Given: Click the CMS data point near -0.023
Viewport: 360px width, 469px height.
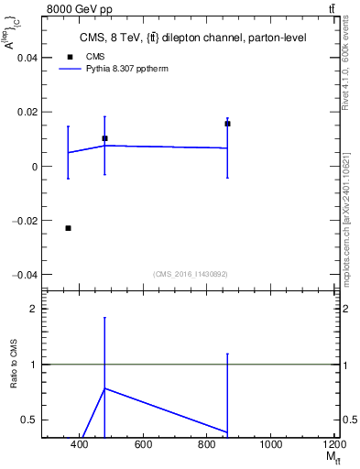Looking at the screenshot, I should [x=68, y=228].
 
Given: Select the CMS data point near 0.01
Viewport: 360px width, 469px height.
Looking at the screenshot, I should [x=104, y=138].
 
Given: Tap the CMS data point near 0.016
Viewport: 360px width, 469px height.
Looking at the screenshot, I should [x=227, y=124].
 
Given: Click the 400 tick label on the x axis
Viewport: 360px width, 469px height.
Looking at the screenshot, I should [x=79, y=445].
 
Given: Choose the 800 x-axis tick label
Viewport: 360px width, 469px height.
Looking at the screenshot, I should [x=207, y=445].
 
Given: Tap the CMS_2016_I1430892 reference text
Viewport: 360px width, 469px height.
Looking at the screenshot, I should [x=190, y=273].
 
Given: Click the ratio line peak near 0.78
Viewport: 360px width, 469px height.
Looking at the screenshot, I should [x=104, y=388].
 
